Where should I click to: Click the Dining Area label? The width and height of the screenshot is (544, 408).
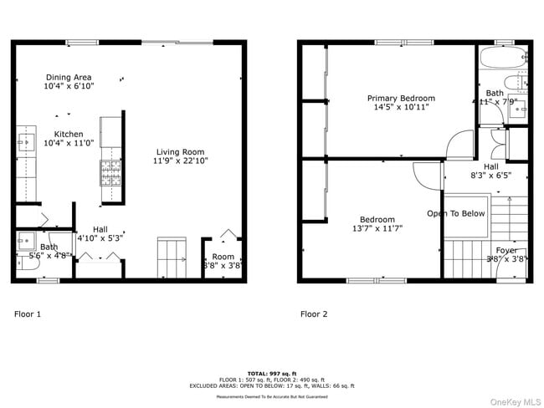point(69,77)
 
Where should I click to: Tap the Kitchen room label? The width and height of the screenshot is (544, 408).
point(69,134)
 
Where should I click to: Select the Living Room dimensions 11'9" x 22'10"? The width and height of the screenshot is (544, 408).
point(181,161)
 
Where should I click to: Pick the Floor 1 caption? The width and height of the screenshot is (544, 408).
point(27,314)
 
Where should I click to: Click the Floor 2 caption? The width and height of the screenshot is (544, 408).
point(314,314)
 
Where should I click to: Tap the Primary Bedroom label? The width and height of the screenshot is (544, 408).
point(401,98)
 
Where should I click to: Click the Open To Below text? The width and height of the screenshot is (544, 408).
point(455,213)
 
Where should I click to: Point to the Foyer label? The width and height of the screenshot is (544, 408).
point(506,250)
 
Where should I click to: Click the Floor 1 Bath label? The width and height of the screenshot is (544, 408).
point(49,247)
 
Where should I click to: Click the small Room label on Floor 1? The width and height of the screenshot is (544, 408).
point(223,257)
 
